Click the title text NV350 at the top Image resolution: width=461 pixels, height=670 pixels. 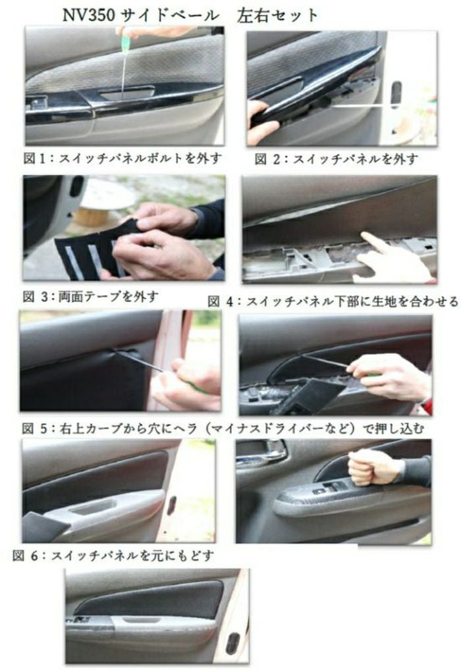tap(88, 15)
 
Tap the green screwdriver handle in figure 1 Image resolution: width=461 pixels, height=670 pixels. tap(125, 41)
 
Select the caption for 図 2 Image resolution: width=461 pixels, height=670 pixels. tap(336, 159)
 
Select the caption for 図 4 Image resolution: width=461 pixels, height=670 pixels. tap(333, 301)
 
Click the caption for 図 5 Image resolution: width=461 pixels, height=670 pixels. tap(223, 428)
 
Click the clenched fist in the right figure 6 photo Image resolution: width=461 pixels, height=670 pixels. tap(368, 467)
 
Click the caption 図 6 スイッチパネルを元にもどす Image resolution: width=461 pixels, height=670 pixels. tap(113, 555)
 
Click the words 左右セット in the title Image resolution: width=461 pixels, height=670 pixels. tap(277, 16)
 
